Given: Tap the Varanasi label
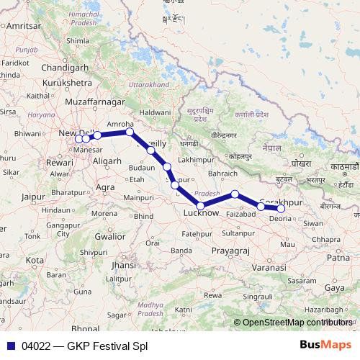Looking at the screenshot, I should (267, 267).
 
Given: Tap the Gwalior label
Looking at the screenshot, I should (110, 235).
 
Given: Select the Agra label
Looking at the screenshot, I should (105, 187).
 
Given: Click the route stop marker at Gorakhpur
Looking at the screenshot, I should (281, 209).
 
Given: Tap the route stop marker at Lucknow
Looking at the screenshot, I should (201, 206).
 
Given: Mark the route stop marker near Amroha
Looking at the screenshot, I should (130, 132).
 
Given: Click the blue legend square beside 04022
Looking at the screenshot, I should (9, 346).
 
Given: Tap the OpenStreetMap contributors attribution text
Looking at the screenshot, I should (298, 323).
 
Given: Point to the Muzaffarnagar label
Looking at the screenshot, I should (94, 102).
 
